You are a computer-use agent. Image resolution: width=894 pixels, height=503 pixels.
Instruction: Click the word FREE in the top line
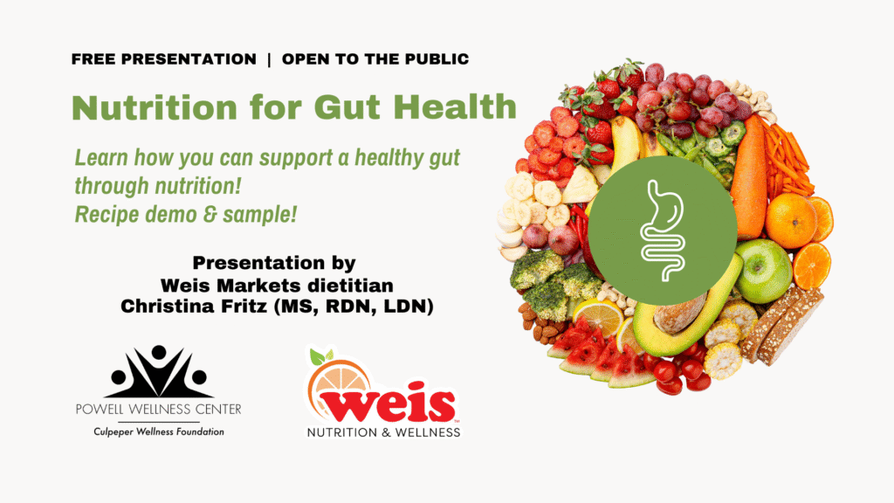tap(94, 59)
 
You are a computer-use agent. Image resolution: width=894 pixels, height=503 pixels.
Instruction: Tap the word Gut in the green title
tap(347, 107)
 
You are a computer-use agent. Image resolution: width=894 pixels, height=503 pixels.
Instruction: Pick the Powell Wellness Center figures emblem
tap(159, 371)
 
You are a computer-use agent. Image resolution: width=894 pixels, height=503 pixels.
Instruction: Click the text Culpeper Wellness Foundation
tap(159, 432)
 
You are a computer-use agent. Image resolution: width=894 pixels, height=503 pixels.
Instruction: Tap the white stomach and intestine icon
tap(662, 231)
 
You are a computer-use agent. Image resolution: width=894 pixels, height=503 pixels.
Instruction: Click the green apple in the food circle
tap(763, 270)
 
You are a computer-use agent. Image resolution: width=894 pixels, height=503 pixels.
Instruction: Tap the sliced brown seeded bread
tap(783, 324)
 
